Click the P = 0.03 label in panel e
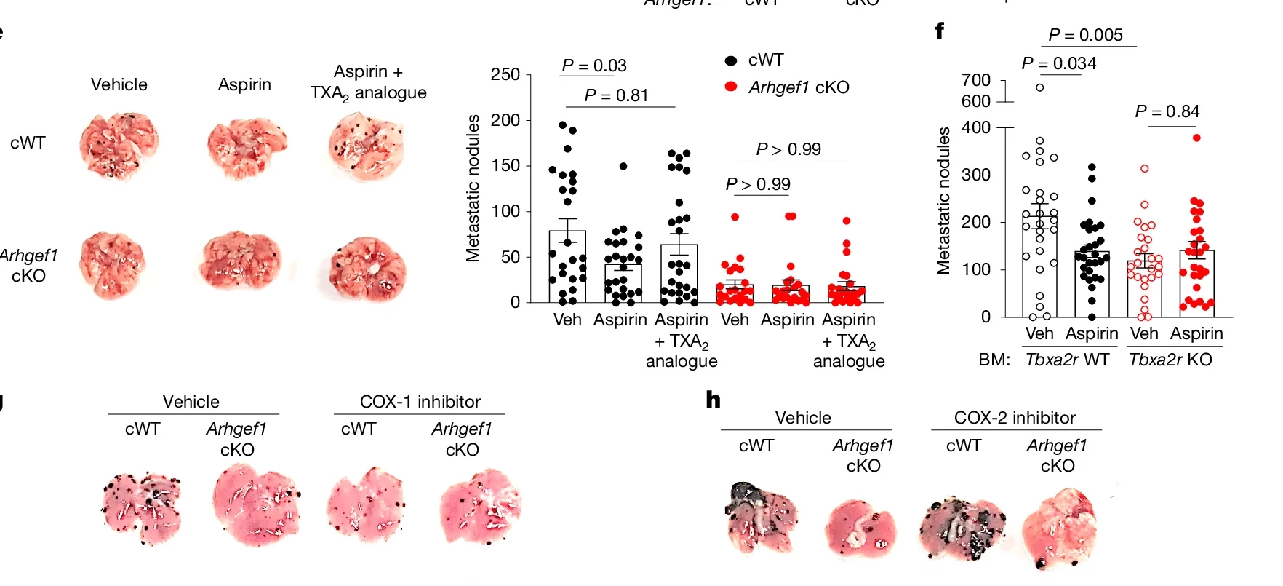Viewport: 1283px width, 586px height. point(594,66)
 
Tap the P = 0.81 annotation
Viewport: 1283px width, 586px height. point(616,95)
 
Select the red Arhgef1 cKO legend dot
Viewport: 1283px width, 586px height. point(731,87)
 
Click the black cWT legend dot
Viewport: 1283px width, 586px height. point(731,60)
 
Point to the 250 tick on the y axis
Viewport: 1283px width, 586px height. point(505,75)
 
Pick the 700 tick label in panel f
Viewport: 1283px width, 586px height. point(976,80)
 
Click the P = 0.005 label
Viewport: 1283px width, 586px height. point(1085,35)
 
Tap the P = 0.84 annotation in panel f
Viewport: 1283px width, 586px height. point(1167,111)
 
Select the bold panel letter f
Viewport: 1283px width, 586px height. point(940,31)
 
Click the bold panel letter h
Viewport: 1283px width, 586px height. point(714,400)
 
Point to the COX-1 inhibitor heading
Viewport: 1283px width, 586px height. point(420,402)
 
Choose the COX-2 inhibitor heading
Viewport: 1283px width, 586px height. point(1015,418)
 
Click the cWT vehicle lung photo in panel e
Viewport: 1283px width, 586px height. point(119,144)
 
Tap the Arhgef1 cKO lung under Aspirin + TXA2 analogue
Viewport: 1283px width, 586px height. point(367,266)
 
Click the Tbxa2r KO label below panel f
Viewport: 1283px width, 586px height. point(1170,360)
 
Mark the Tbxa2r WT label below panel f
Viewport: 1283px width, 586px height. point(1067,360)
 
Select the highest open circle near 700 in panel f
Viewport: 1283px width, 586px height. point(1040,87)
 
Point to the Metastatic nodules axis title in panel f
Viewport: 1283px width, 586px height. point(944,200)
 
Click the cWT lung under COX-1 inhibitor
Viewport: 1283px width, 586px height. point(364,504)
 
